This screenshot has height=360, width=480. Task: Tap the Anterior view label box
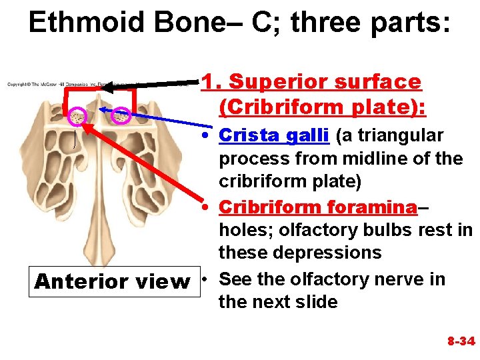pyautogui.click(x=112, y=281)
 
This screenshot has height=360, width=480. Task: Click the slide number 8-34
pyautogui.click(x=460, y=341)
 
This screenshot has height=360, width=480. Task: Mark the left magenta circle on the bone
pyautogui.click(x=78, y=116)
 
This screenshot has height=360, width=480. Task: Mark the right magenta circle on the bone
pyautogui.click(x=121, y=115)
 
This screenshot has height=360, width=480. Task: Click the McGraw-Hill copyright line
pyautogui.click(x=53, y=84)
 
